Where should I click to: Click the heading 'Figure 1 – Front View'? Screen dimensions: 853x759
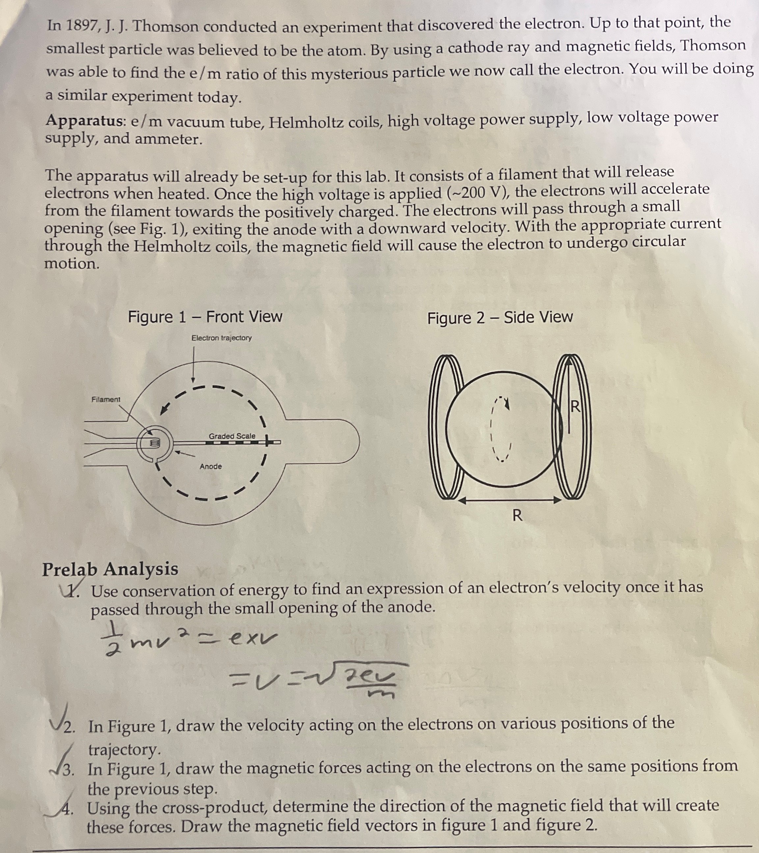pyautogui.click(x=205, y=317)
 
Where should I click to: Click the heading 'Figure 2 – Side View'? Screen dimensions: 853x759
pyautogui.click(x=500, y=318)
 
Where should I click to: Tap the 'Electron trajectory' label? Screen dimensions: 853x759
pyautogui.click(x=222, y=338)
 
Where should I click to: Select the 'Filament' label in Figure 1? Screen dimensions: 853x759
pyautogui.click(x=106, y=399)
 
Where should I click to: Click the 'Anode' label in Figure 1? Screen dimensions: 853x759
pyautogui.click(x=211, y=466)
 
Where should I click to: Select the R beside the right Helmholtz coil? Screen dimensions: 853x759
pyautogui.click(x=575, y=406)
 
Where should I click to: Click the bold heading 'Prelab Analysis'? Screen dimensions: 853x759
pyautogui.click(x=110, y=569)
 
